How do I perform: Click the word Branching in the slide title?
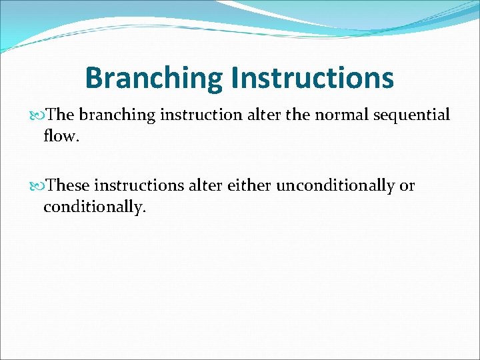(154, 78)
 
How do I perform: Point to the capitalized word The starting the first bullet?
(61, 115)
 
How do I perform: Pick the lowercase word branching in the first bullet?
(117, 115)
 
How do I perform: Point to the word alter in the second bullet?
(206, 185)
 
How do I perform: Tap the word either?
(249, 185)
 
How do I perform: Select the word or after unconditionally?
(407, 186)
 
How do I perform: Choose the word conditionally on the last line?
(94, 207)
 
